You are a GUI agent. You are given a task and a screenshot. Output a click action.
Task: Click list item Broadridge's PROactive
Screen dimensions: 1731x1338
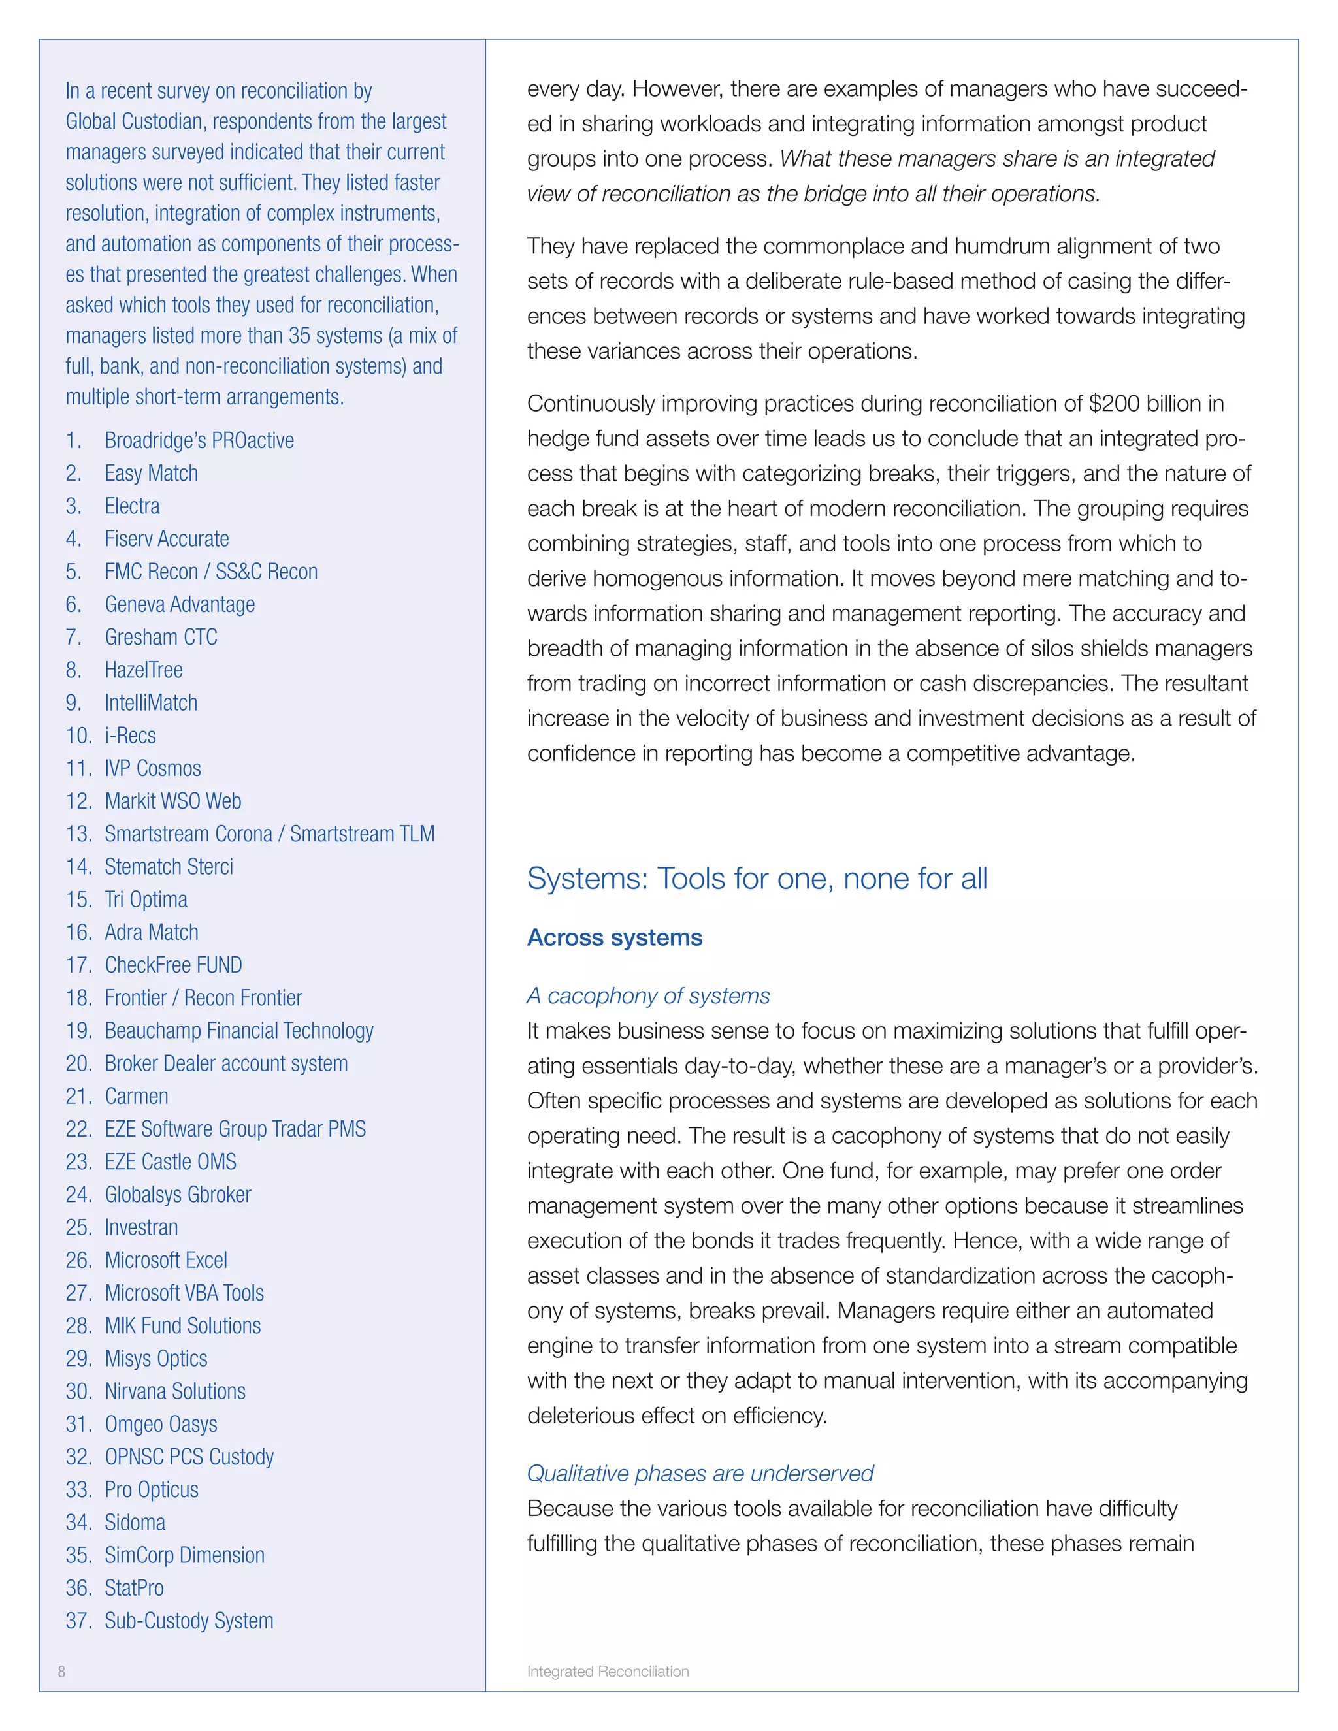click(x=199, y=441)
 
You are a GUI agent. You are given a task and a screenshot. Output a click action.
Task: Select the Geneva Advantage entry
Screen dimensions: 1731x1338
click(x=180, y=605)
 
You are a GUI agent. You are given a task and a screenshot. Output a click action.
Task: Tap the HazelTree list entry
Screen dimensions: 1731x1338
click(x=144, y=671)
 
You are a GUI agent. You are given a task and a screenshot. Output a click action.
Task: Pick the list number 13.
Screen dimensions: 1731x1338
click(x=78, y=835)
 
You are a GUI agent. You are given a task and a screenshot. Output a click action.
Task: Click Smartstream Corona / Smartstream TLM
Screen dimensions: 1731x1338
click(x=270, y=835)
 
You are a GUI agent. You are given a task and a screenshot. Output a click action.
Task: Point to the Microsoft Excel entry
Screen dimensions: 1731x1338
click(x=166, y=1260)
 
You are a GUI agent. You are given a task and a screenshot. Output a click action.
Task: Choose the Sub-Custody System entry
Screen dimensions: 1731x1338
click(x=189, y=1621)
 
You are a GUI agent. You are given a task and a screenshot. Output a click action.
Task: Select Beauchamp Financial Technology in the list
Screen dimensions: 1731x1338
click(x=238, y=1031)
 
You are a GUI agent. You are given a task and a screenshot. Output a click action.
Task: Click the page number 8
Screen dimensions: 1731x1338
click(x=62, y=1672)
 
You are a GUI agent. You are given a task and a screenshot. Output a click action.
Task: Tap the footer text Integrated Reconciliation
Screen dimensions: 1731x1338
click(x=608, y=1672)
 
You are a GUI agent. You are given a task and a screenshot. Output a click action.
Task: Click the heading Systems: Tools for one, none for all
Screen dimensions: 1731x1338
click(x=757, y=879)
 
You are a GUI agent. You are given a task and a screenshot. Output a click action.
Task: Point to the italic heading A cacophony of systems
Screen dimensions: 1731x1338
click(x=648, y=996)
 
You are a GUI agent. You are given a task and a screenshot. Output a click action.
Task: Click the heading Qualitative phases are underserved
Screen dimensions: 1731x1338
click(x=700, y=1474)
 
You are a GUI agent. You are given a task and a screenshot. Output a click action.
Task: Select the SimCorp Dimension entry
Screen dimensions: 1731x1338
click(x=185, y=1555)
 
